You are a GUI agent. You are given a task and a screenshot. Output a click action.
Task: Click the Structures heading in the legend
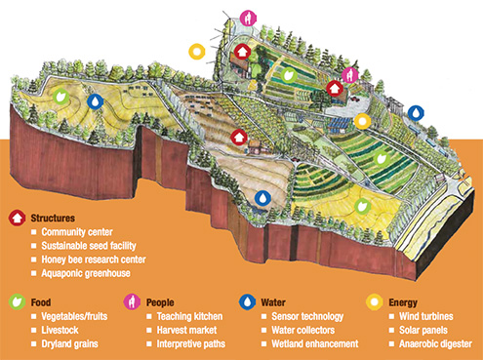point(58,219)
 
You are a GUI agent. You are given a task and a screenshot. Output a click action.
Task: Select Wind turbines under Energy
point(426,318)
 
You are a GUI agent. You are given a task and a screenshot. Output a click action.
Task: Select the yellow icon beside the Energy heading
point(371,302)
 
